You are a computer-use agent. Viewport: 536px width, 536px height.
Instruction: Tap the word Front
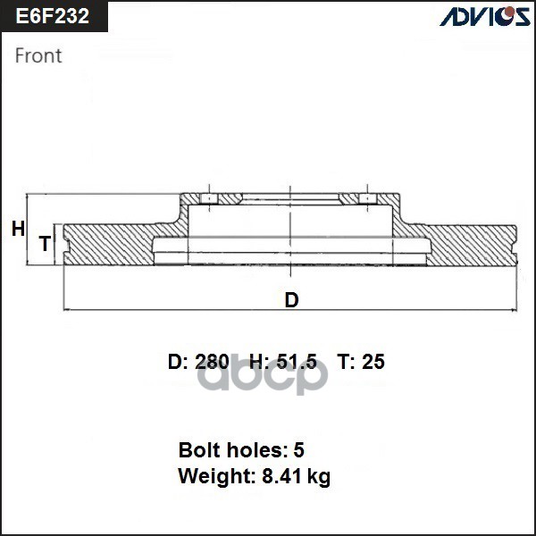tap(38, 55)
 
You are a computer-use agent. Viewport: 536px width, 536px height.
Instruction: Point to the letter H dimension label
tap(18, 230)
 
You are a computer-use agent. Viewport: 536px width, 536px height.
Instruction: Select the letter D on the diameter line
tap(291, 300)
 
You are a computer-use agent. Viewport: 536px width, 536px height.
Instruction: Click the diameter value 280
tap(211, 362)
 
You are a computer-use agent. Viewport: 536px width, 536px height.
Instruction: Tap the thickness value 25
tap(373, 362)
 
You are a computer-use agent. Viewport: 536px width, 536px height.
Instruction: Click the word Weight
tap(211, 476)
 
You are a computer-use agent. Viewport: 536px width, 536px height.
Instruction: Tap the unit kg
tap(319, 477)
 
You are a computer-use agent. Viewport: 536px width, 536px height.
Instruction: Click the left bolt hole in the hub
tap(207, 198)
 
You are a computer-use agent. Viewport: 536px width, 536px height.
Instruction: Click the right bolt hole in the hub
tap(365, 198)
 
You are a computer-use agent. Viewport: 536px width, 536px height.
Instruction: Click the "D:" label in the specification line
tap(178, 362)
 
